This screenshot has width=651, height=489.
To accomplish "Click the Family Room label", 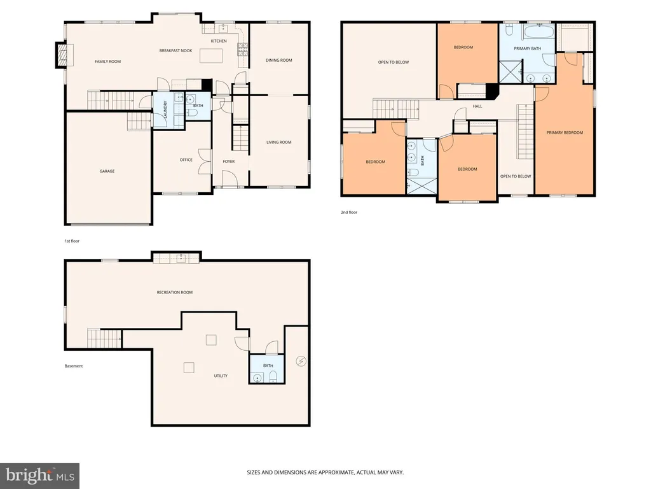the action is point(107,62).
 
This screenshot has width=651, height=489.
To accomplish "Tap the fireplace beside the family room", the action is point(62,55).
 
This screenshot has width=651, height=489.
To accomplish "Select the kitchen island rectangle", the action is point(211,56).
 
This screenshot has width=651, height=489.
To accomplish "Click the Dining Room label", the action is point(278,60).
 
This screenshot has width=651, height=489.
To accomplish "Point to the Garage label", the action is point(107,171).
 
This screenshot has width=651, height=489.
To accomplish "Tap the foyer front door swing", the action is point(229,179).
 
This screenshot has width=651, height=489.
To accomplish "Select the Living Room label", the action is point(278,142).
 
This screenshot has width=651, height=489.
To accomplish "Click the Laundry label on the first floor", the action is point(165,109).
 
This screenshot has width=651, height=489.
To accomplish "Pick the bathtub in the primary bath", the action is point(538,32).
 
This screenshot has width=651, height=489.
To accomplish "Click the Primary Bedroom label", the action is point(565,132).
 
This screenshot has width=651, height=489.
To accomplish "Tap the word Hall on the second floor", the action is point(477,106).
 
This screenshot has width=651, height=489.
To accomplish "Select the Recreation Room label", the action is point(175,292).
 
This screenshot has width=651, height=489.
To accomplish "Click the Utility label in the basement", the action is point(221,376).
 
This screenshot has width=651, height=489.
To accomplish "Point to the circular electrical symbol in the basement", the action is point(301,361).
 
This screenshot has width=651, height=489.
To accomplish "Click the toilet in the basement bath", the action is point(273,377).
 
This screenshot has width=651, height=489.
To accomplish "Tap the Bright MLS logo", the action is point(40,476).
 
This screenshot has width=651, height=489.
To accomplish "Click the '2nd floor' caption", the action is point(349,213).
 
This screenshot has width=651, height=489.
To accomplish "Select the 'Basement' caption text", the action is point(74,366).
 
